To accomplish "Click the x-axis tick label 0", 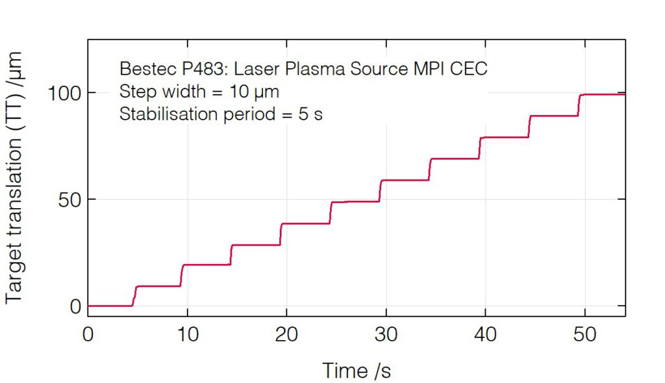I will click(x=88, y=335).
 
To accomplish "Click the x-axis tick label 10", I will click(x=187, y=335).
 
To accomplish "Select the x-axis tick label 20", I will click(x=286, y=335).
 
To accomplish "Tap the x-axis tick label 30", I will click(x=386, y=335).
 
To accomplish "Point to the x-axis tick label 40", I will click(x=485, y=335).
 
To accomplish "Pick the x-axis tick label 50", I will click(x=584, y=335).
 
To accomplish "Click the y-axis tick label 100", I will click(x=63, y=93).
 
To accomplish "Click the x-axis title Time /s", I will click(x=357, y=371).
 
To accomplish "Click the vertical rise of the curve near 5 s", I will click(x=134, y=296).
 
